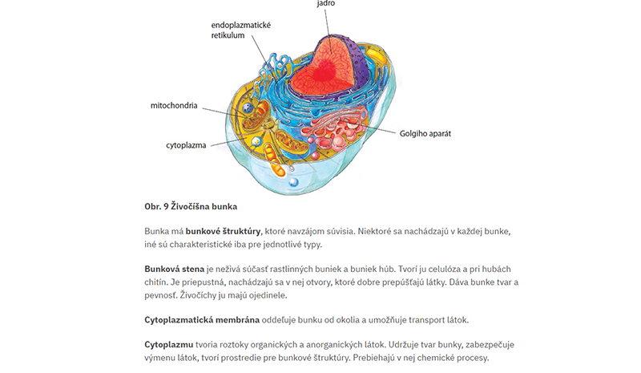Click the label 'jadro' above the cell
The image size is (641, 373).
tap(326, 3)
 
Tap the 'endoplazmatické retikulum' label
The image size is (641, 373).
tap(241, 30)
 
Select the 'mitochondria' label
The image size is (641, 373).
tap(174, 106)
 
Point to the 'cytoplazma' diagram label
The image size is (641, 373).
tap(186, 145)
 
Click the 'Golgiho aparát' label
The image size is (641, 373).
tap(425, 133)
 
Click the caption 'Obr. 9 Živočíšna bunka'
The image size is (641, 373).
tap(191, 206)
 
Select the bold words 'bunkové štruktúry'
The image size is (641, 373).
tap(223, 231)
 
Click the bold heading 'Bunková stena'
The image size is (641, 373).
tap(174, 269)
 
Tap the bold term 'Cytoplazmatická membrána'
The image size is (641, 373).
tap(202, 320)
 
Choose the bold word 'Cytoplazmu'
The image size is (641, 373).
tap(169, 345)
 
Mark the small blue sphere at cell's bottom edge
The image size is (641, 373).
tap(293, 183)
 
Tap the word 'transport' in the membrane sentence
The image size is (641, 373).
tap(427, 320)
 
